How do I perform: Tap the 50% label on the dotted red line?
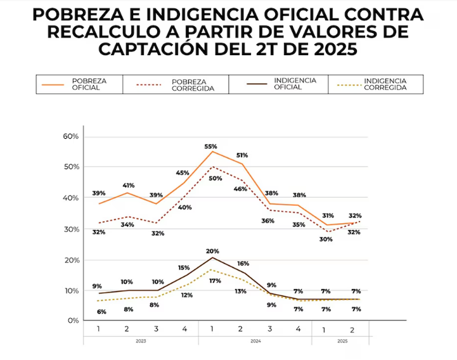coord(216,179)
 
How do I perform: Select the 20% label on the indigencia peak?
coord(212,251)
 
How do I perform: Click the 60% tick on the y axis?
coord(71,136)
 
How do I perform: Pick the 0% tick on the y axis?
coord(74,321)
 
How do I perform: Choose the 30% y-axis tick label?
coord(71,229)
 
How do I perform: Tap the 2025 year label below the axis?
coord(342,340)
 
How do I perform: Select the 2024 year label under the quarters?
coord(255,340)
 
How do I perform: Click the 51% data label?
coord(241,155)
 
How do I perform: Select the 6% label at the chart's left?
coord(101,311)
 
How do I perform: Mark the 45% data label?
coord(183,172)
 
